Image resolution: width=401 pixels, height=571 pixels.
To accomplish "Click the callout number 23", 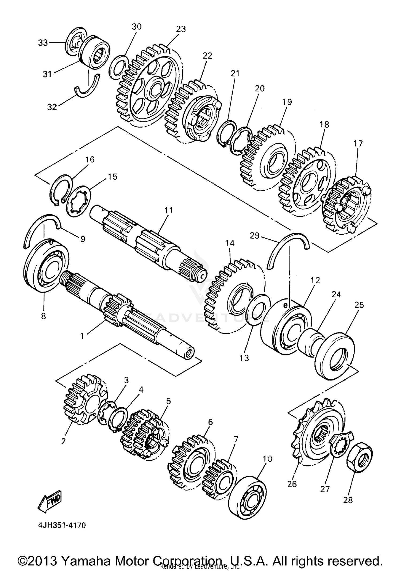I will pyautogui.click(x=181, y=29).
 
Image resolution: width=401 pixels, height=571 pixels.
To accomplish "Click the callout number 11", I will pyautogui.click(x=168, y=210).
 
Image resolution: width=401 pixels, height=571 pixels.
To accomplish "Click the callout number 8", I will pyautogui.click(x=43, y=316).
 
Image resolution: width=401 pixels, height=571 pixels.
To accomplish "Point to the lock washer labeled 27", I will pyautogui.click(x=340, y=445).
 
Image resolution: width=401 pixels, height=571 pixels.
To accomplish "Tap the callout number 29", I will pyautogui.click(x=255, y=236).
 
